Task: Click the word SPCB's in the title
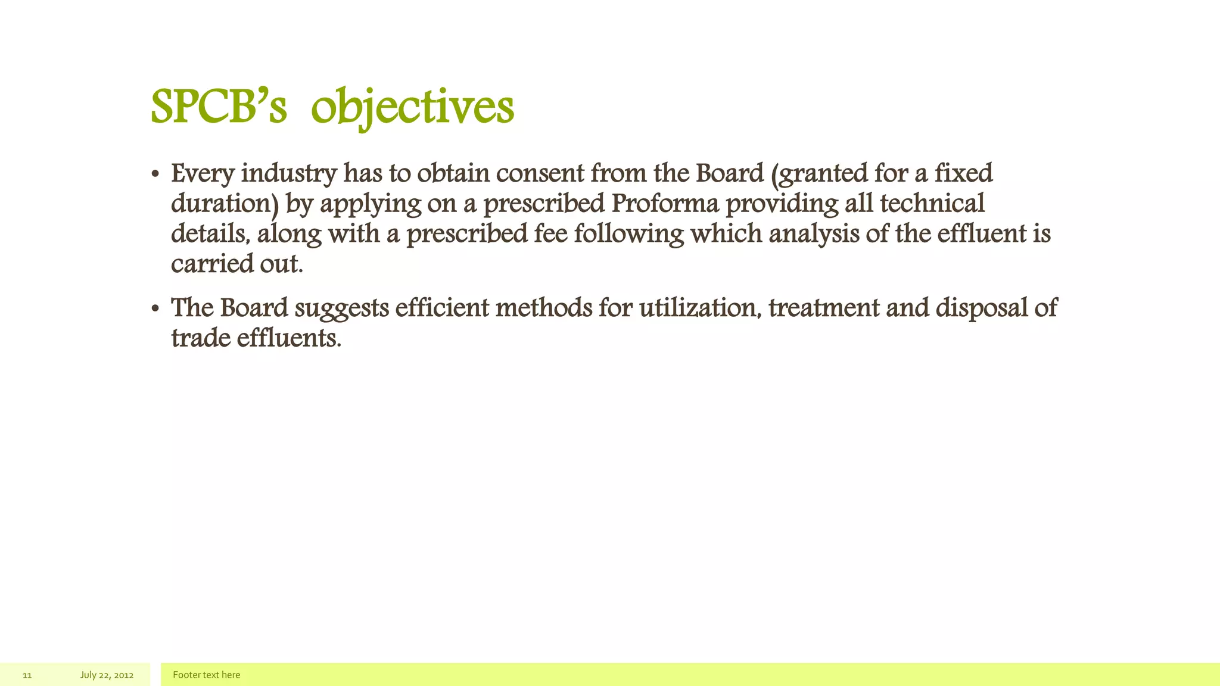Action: [x=219, y=108]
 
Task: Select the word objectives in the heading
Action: [x=412, y=108]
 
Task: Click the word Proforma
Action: [x=665, y=204]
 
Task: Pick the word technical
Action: [x=932, y=204]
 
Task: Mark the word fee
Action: [x=550, y=233]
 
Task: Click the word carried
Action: [x=212, y=264]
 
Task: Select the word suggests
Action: [x=342, y=308]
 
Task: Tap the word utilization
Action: [x=701, y=308]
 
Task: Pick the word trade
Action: [x=201, y=338]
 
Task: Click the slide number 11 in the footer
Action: [x=27, y=675]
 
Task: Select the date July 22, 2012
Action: [x=107, y=675]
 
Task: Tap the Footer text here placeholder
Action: [x=206, y=675]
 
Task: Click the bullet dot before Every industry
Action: [x=155, y=175]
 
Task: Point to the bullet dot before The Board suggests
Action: [x=155, y=310]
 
